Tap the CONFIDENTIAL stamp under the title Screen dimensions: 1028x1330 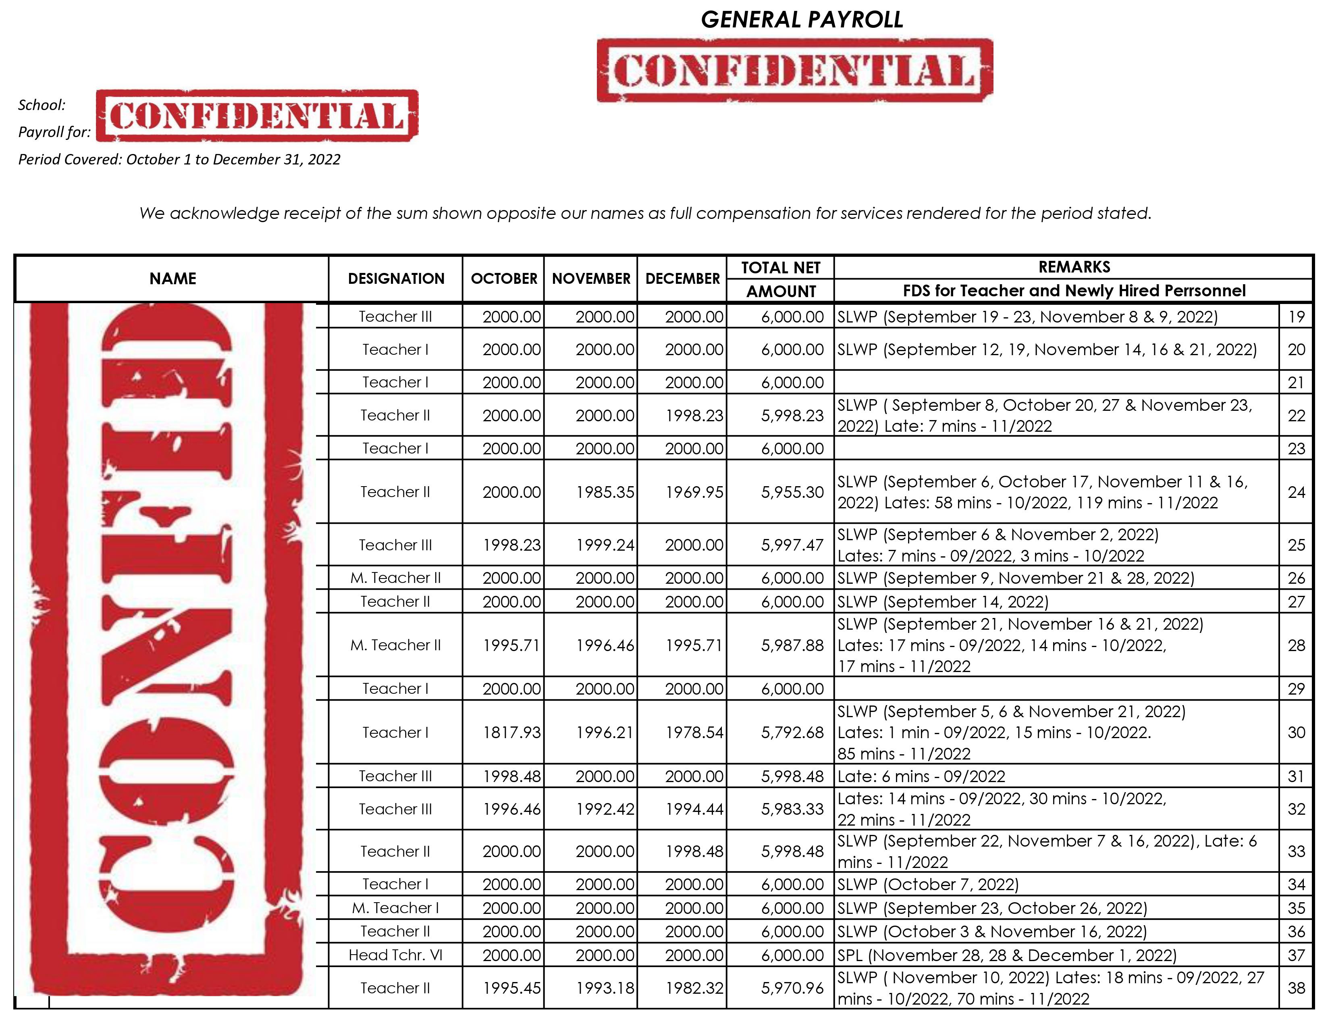pos(795,70)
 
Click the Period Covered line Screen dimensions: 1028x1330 pos(179,160)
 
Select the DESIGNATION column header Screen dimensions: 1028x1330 pos(396,279)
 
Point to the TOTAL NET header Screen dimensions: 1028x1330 pos(781,268)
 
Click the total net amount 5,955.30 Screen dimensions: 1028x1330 pos(792,492)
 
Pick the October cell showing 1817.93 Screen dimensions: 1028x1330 pos(511,733)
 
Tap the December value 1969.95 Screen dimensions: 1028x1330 pos(694,492)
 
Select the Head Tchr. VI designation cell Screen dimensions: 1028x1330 pos(395,955)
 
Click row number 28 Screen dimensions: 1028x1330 pos(1296,645)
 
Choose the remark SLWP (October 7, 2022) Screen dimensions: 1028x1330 pos(927,884)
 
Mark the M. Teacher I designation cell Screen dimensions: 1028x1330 pos(395,908)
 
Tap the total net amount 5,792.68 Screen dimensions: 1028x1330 pos(792,733)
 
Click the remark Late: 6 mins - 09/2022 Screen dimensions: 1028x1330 pos(921,776)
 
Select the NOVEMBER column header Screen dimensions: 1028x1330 pos(591,279)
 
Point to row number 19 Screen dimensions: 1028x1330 pos(1296,317)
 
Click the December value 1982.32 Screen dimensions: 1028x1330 pos(694,988)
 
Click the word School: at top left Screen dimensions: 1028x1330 pos(42,105)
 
